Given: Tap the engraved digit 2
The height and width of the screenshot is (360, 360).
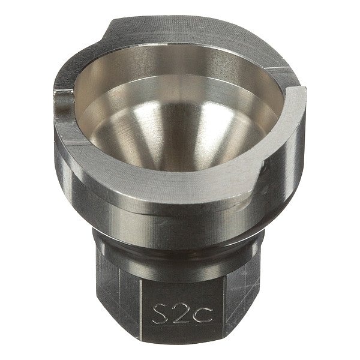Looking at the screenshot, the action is click(x=182, y=313).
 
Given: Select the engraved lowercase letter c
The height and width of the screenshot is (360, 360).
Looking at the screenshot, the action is click(x=203, y=316).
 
